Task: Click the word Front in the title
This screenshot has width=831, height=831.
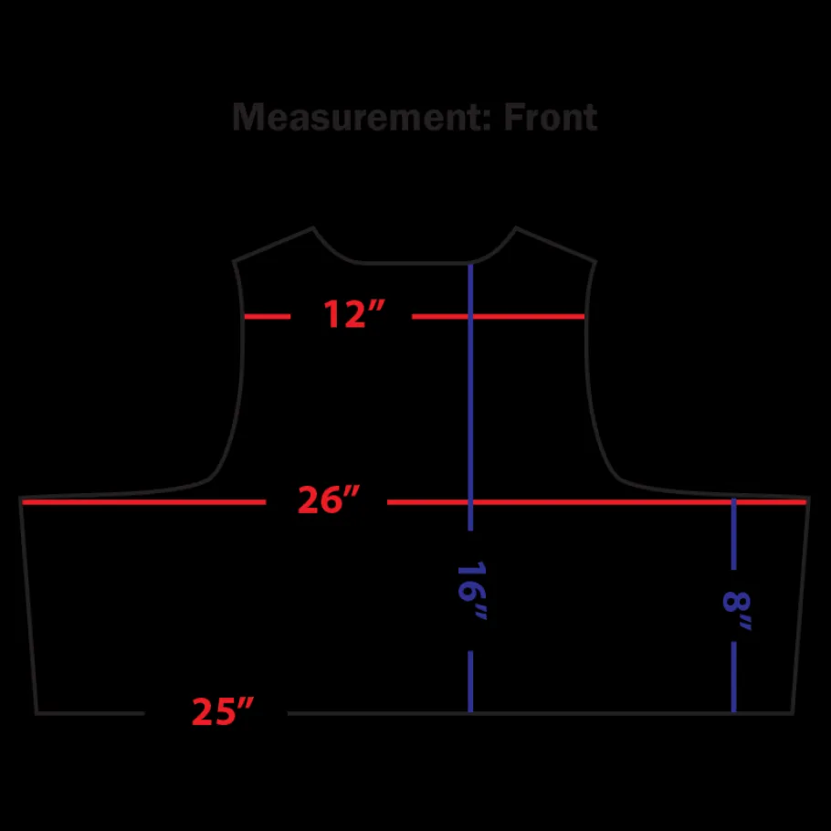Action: pos(550,117)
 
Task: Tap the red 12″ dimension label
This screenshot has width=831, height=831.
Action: pos(353,314)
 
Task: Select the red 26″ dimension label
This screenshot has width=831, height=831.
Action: pos(329,500)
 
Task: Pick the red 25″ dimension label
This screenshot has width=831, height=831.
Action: pos(223,710)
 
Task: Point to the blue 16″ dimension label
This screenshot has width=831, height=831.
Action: pos(471,590)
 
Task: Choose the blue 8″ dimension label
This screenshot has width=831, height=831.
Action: pos(736,611)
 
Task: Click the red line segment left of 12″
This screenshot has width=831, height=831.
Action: pos(267,316)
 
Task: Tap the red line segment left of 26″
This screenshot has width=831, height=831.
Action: pos(143,502)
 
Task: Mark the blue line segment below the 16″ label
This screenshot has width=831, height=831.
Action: pos(470,681)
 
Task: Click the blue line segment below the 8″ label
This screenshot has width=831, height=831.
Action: pos(733,677)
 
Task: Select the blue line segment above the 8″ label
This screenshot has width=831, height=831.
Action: pos(733,534)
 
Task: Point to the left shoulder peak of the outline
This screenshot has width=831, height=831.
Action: pos(313,228)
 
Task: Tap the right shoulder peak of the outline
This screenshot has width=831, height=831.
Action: pos(516,228)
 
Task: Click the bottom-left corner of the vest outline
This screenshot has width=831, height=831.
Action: pos(37,713)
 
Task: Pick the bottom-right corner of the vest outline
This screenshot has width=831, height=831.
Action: pos(793,713)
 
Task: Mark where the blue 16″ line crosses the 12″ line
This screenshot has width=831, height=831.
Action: pos(470,316)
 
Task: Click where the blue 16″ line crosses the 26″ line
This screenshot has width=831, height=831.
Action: pos(470,502)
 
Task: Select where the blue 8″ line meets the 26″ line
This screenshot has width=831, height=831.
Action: pos(733,502)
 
